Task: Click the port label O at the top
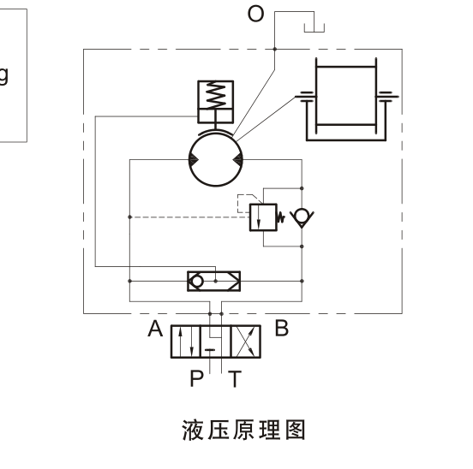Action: pos(255,14)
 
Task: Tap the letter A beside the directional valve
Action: pos(155,329)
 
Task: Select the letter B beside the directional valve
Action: pos(282,328)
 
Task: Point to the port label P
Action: pos(197,378)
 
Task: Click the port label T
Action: pos(235,378)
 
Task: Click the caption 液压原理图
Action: pos(243,430)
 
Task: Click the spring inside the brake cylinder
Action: pos(215,96)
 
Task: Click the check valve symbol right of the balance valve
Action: pos(302,217)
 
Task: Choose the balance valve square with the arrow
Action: pos(263,217)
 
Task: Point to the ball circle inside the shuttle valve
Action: pos(197,282)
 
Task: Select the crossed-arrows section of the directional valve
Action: pos(245,341)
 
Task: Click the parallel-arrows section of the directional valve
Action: pos(186,341)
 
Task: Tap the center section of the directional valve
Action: pos(215,341)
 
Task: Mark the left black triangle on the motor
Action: pos(193,160)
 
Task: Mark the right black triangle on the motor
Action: pos(238,160)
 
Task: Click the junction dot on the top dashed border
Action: pos(275,49)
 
